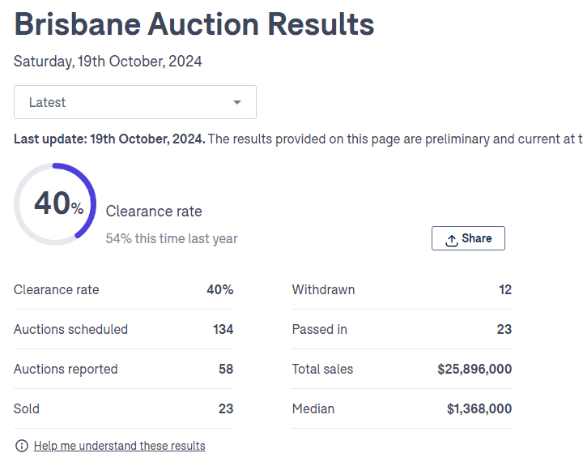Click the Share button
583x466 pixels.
pyautogui.click(x=468, y=238)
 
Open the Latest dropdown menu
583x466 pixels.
pyautogui.click(x=134, y=102)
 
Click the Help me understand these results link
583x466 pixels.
pyautogui.click(x=119, y=446)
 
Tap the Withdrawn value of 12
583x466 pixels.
pyautogui.click(x=505, y=289)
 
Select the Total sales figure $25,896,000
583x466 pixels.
pyautogui.click(x=474, y=369)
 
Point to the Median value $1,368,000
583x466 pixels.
pyautogui.click(x=479, y=408)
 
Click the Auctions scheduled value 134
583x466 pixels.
pyautogui.click(x=223, y=329)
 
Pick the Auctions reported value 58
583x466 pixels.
pyautogui.click(x=226, y=369)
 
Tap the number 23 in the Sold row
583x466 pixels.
pyautogui.click(x=226, y=408)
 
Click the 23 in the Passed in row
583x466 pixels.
pyautogui.click(x=504, y=329)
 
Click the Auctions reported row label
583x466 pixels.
pyautogui.click(x=66, y=369)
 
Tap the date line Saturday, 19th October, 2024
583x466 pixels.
pyautogui.click(x=108, y=62)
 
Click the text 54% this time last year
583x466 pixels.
pyautogui.click(x=172, y=239)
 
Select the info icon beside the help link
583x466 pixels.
pyautogui.click(x=22, y=446)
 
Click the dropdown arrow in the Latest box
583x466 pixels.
pyautogui.click(x=237, y=102)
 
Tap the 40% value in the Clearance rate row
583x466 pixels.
pyautogui.click(x=220, y=289)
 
